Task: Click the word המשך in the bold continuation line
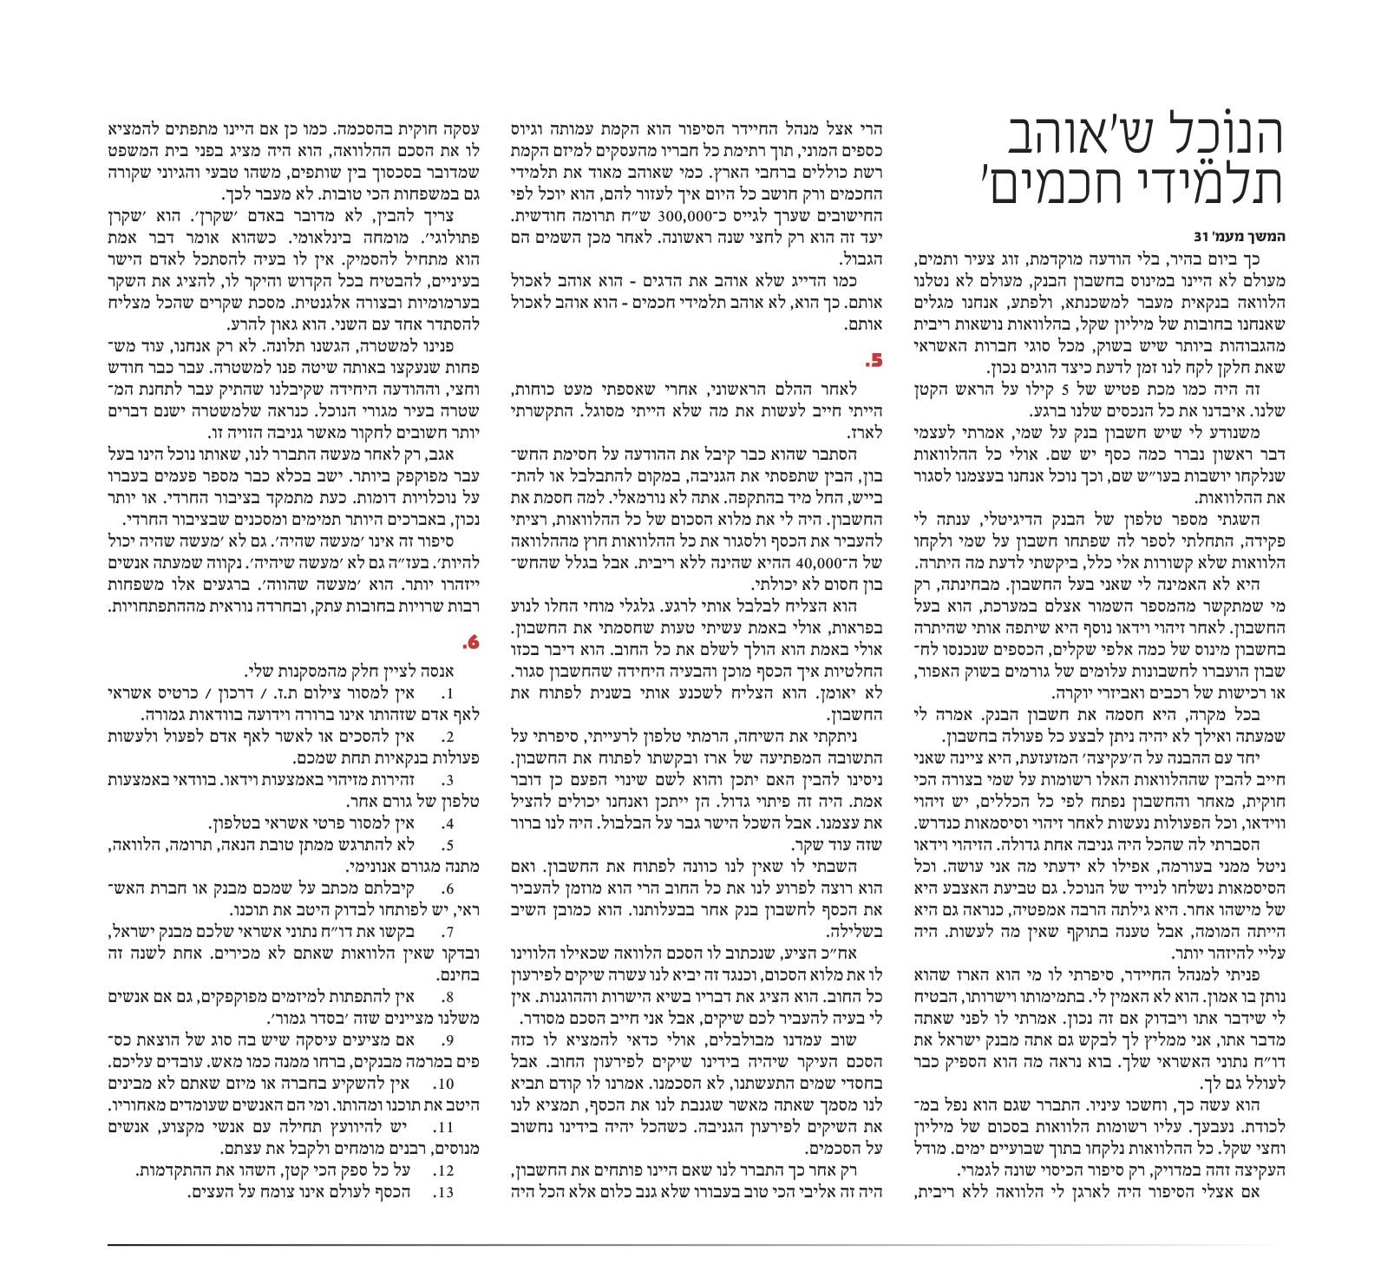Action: click(x=1260, y=239)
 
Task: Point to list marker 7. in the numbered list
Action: click(x=449, y=931)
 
